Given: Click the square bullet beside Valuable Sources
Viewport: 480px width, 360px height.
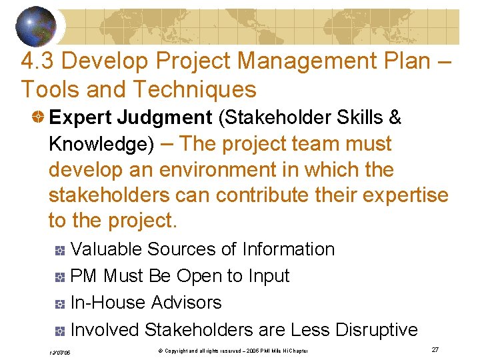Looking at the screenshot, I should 59,251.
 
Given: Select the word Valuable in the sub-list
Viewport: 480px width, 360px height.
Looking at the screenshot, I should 106,249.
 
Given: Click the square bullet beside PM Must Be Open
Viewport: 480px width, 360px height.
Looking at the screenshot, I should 59,277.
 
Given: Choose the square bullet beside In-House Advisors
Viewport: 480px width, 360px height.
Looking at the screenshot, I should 59,304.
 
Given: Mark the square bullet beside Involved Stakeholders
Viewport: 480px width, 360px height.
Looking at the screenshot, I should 59,331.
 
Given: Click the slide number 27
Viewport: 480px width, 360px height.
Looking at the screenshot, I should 435,349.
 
